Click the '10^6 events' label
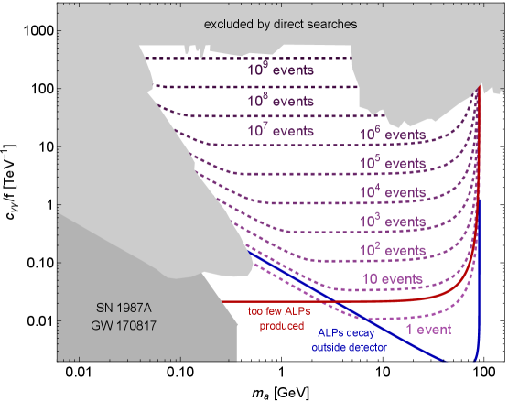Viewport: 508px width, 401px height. (392, 135)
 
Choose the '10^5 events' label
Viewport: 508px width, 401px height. (392, 163)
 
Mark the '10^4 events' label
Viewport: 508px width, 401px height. (392, 192)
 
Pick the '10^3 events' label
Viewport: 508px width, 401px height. (392, 222)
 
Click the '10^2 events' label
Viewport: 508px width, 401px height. (392, 249)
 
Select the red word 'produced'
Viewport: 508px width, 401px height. (282, 325)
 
